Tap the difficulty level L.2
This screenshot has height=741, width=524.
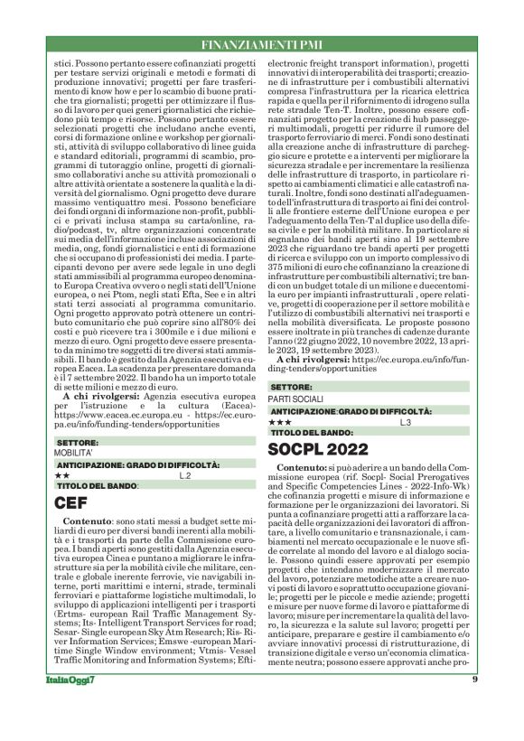click(x=184, y=474)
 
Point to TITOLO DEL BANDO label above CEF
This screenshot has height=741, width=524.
click(x=97, y=485)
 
